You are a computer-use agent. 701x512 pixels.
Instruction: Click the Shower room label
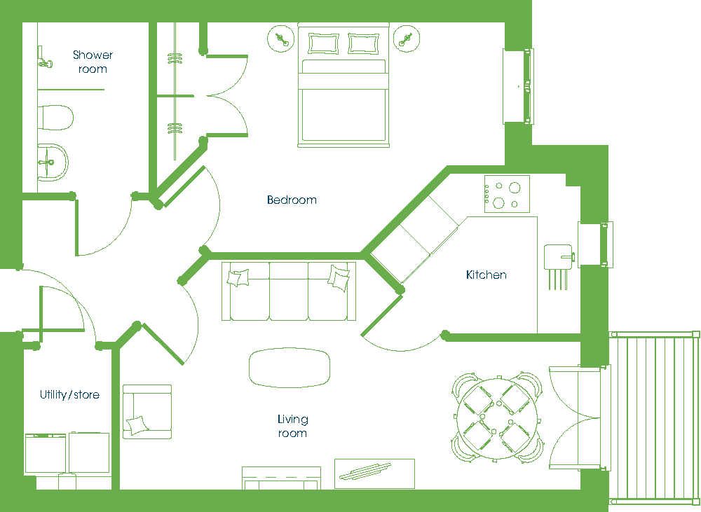tap(93, 62)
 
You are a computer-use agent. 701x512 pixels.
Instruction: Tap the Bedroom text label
tap(292, 200)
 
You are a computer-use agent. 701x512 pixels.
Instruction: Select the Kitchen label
tap(486, 275)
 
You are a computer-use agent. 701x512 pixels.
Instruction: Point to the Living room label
tap(292, 426)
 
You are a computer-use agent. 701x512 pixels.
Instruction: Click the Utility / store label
tap(69, 394)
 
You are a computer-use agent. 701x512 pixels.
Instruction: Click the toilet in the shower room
tap(55, 118)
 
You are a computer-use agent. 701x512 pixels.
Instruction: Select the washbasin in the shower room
tap(53, 162)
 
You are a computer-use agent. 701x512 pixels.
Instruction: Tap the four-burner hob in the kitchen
tap(507, 194)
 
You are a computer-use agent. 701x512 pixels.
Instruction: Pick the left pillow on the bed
tap(323, 44)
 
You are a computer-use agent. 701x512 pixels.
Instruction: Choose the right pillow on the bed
tap(363, 44)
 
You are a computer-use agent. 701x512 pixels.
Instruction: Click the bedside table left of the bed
tap(281, 39)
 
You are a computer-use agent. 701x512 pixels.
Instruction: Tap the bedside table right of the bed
tap(407, 39)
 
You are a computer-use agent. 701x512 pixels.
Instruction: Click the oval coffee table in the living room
tap(290, 367)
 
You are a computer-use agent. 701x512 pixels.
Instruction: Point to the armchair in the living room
tap(147, 412)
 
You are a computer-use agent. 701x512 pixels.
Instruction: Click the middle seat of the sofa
tap(289, 291)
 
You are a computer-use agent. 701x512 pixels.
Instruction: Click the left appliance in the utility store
tap(46, 453)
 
